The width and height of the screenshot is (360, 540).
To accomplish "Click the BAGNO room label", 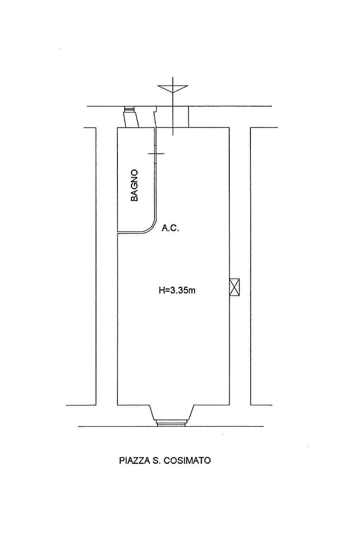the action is (x=134, y=185).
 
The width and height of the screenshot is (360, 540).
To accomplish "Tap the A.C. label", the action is (x=170, y=228).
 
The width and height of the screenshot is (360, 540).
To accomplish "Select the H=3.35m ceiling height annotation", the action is (x=177, y=291).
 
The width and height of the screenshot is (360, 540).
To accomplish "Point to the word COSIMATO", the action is (x=187, y=461).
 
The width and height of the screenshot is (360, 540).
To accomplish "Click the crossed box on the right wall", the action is (x=234, y=287).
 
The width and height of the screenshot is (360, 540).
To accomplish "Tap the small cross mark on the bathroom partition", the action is (x=156, y=153).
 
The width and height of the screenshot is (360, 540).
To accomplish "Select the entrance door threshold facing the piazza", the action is (x=171, y=423).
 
